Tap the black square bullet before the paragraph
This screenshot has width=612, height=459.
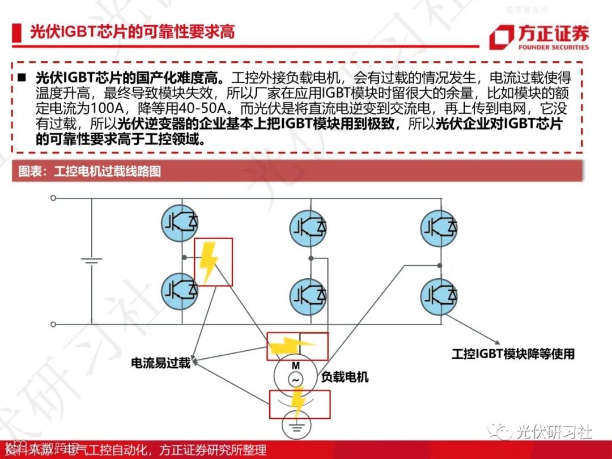click(x=23, y=77)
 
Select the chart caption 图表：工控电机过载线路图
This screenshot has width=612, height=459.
click(x=90, y=171)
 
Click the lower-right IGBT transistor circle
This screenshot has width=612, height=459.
click(x=439, y=293)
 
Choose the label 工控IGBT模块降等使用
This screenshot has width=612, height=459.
click(x=513, y=354)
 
